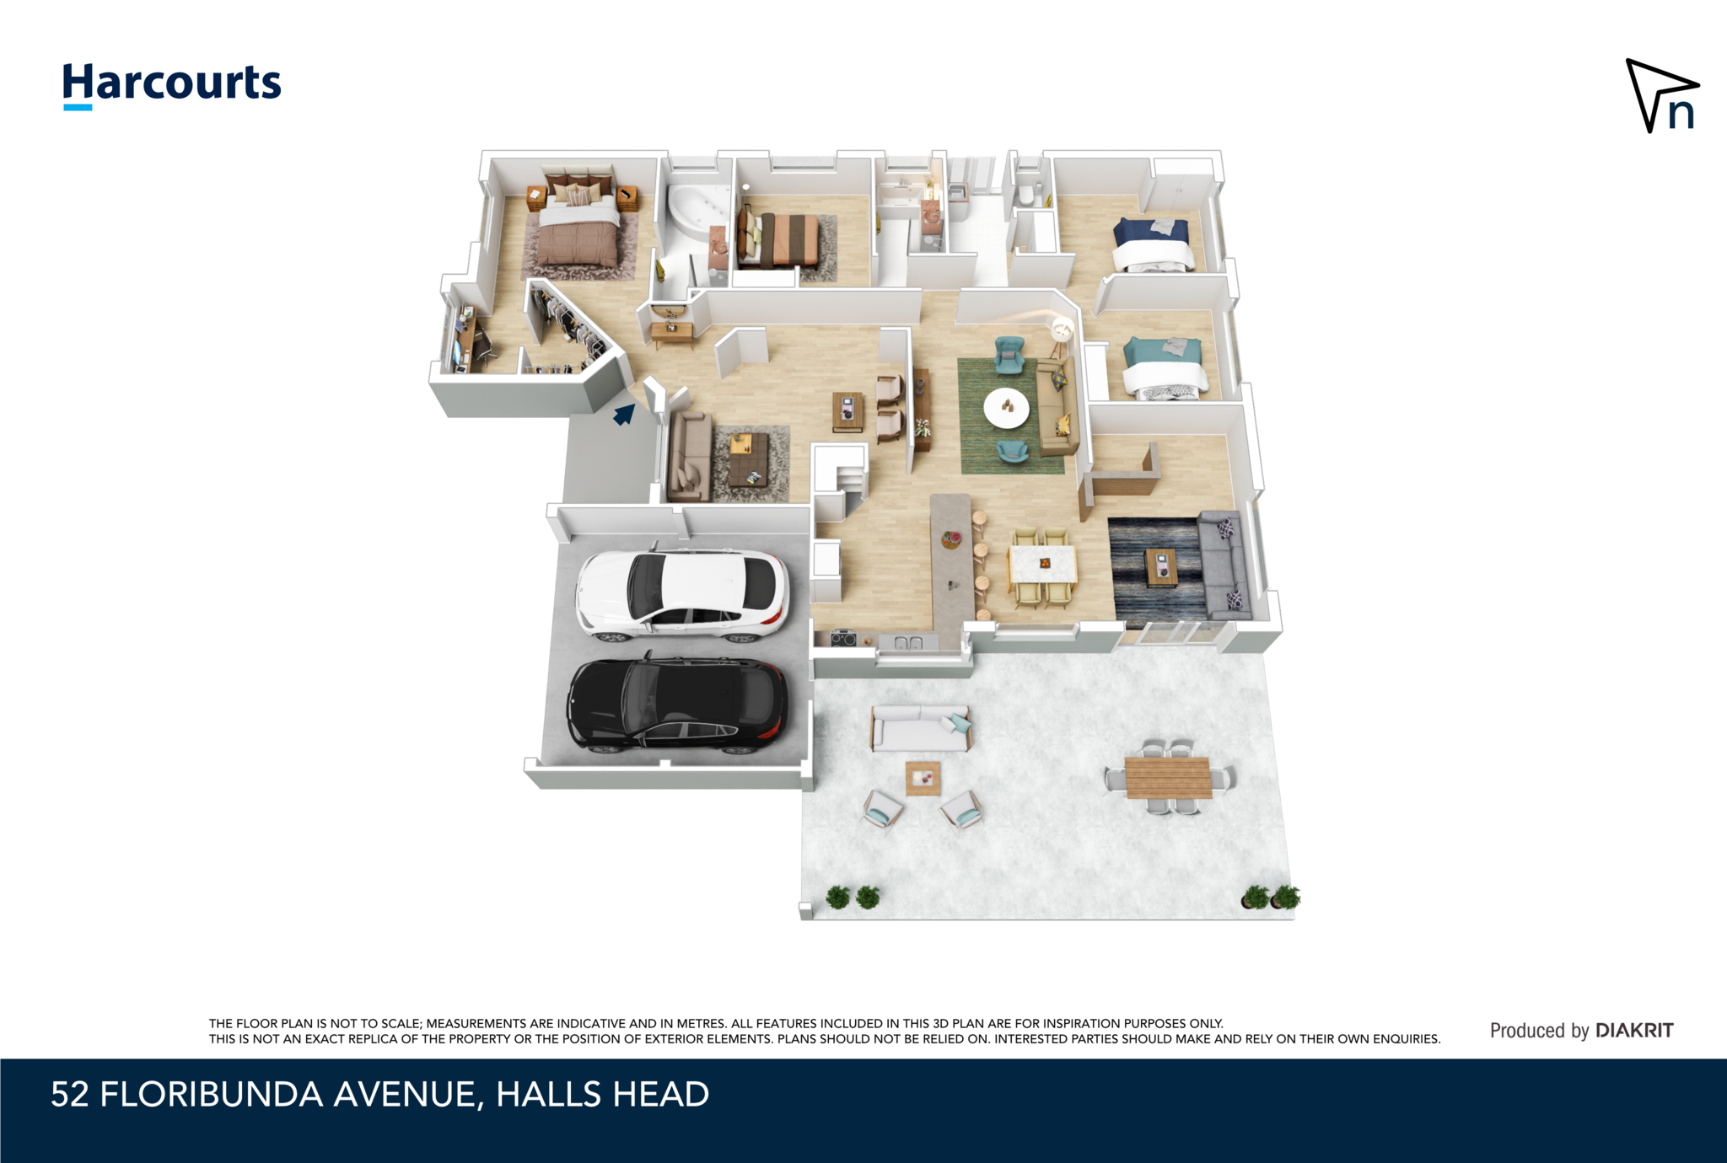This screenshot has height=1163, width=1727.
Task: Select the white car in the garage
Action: [x=682, y=592]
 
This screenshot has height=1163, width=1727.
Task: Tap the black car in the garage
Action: [x=677, y=704]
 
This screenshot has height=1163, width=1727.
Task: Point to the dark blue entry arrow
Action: [x=624, y=414]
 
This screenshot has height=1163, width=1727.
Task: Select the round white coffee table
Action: [x=1006, y=409]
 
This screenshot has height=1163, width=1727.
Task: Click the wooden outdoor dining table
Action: [x=1168, y=778]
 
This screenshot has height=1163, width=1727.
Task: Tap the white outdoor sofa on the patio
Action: [x=921, y=728]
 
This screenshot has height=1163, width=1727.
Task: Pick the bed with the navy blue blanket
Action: [x=1153, y=244]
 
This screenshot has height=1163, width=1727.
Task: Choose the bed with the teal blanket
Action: [x=1164, y=368]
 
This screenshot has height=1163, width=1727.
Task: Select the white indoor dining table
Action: [x=1042, y=565]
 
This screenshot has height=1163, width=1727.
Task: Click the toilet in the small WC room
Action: [x=1026, y=196]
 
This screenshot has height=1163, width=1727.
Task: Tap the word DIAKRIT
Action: [x=1634, y=1030]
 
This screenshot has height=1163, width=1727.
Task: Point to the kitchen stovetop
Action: [x=844, y=639]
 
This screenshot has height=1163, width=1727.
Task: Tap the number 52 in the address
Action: [x=69, y=1095]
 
